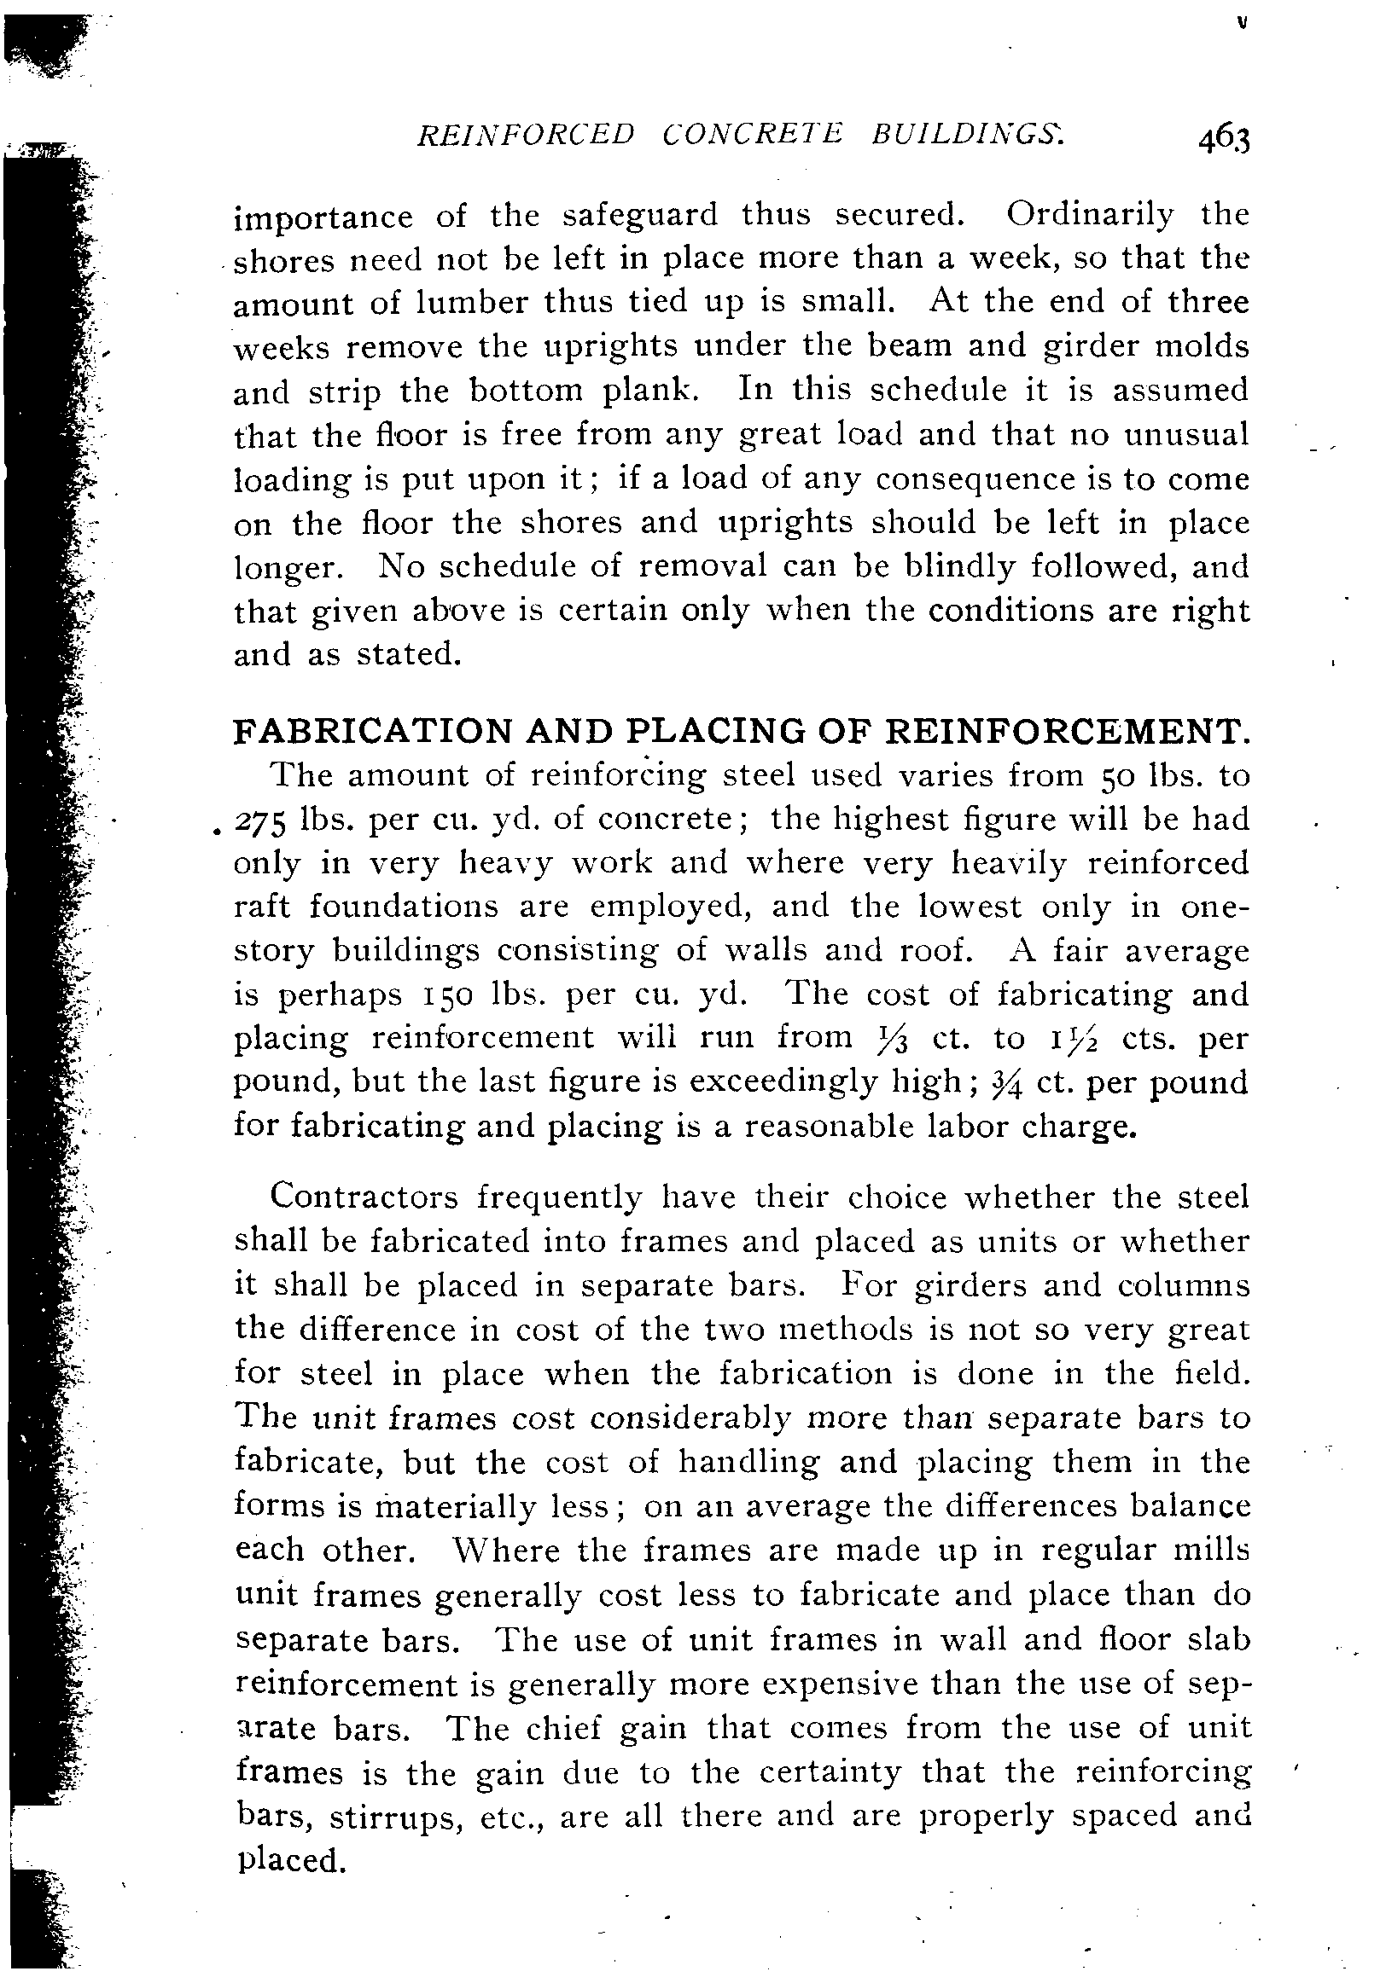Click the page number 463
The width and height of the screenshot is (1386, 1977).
coord(1222,141)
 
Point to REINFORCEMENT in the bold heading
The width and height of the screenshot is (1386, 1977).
coord(1068,731)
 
